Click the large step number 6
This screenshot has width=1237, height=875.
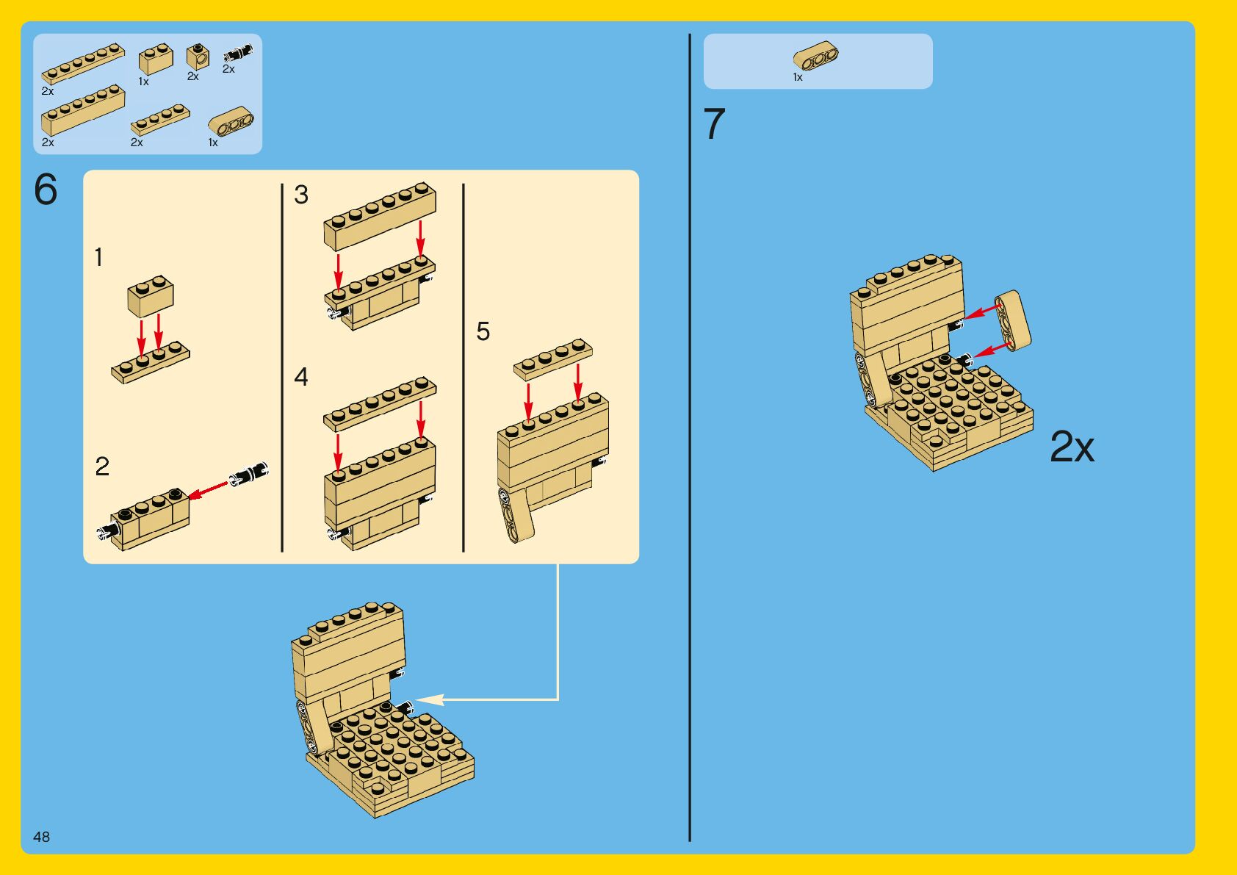pos(46,190)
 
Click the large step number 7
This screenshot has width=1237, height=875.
pos(714,123)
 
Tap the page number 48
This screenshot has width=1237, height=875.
pos(41,837)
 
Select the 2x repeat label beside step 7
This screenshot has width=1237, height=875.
pos(1071,447)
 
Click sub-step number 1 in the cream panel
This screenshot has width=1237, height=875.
pos(99,257)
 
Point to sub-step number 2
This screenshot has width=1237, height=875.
pos(102,467)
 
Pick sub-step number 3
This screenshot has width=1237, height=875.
pos(301,195)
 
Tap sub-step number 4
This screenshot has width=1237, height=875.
pos(301,377)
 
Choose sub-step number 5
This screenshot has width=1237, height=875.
pos(483,331)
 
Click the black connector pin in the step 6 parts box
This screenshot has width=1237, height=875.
pos(238,54)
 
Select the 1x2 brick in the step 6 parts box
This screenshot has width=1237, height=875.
pos(156,59)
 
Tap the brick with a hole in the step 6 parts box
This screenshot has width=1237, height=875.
pos(198,57)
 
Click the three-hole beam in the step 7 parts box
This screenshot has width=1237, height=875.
pos(815,56)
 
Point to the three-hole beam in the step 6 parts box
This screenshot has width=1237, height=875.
pos(231,121)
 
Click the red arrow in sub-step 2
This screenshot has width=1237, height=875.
pos(208,490)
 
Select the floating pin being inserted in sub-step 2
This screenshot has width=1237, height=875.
pos(249,473)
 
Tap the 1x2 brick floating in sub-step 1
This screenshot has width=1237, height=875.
pos(150,295)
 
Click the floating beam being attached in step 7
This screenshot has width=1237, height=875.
pos(1012,320)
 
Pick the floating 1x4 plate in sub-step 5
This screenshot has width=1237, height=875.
pos(553,359)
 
